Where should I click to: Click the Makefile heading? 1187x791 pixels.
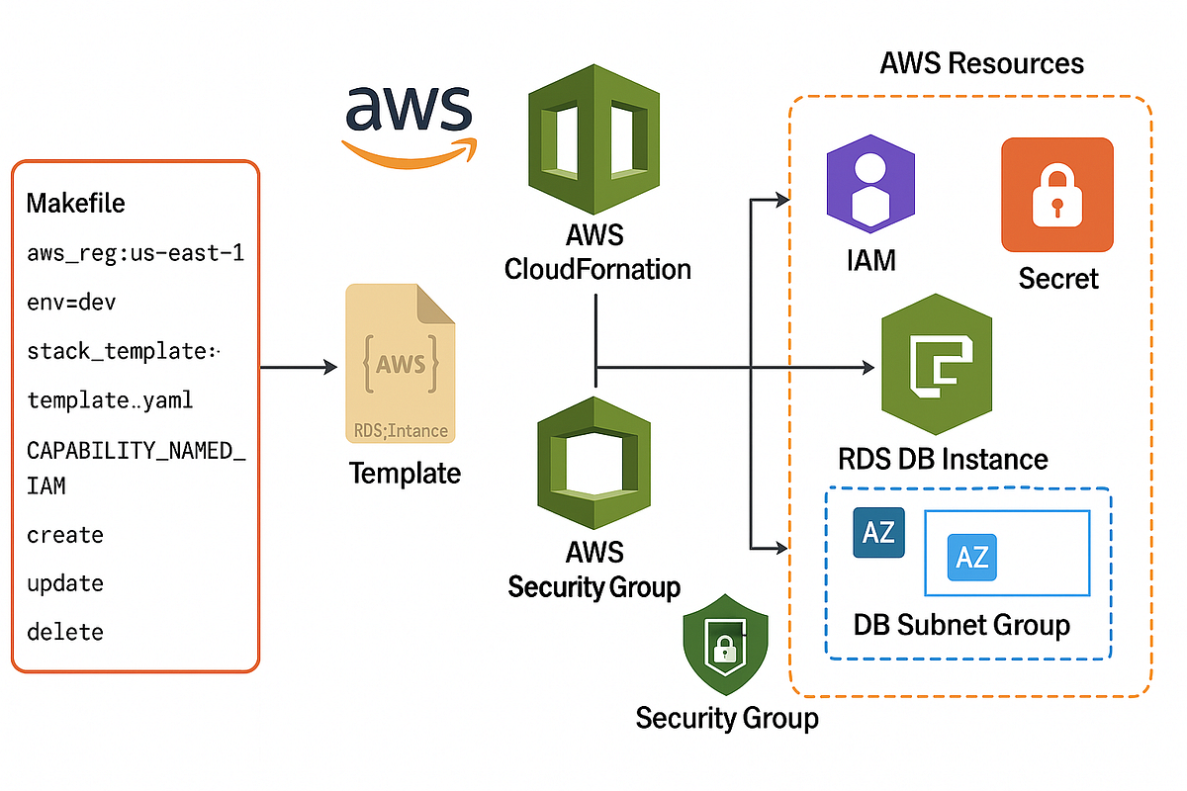(76, 204)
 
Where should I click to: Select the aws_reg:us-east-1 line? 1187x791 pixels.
(136, 253)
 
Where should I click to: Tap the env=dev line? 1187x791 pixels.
(71, 302)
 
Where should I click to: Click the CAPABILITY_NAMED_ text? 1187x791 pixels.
(136, 450)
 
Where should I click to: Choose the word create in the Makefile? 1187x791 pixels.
(65, 535)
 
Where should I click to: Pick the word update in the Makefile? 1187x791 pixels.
(65, 583)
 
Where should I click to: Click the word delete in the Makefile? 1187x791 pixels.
(65, 632)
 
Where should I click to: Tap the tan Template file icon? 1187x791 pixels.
(401, 365)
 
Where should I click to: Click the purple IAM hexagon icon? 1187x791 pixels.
(870, 183)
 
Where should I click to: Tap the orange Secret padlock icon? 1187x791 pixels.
(1057, 194)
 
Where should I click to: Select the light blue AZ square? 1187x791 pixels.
(971, 557)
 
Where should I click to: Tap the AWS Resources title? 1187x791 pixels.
(981, 64)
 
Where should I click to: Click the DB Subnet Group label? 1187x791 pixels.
(961, 625)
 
